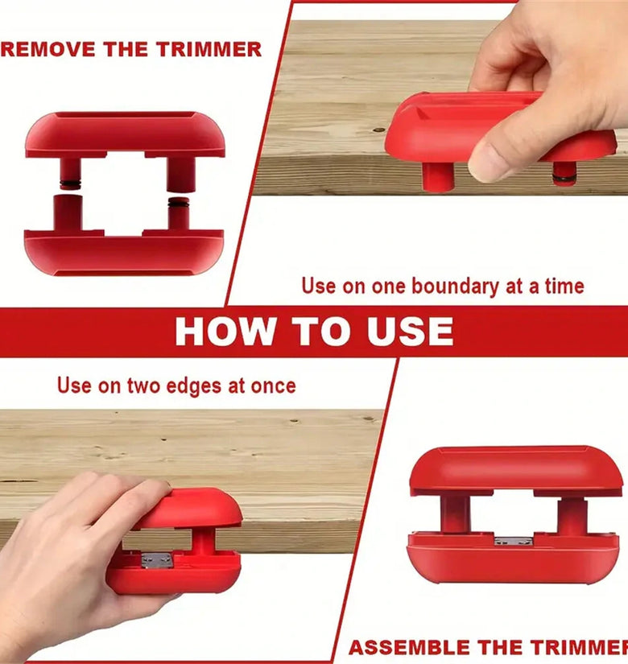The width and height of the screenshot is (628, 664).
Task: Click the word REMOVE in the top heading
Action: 48,49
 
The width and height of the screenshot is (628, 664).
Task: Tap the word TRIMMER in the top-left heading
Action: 209,49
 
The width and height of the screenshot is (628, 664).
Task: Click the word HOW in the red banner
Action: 225,331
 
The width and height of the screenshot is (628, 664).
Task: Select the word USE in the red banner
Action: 410,331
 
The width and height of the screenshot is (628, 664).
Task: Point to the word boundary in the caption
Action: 456,287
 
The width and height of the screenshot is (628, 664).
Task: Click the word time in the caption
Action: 564,287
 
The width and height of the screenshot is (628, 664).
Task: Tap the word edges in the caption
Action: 194,386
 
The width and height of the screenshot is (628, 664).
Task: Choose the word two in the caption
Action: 143,386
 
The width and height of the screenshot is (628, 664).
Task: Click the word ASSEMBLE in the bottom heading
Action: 409,647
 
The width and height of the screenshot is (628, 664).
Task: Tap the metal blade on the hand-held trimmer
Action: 157,560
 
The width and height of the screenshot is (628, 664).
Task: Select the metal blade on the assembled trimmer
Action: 513,541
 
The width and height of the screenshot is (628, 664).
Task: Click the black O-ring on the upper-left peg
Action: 70,184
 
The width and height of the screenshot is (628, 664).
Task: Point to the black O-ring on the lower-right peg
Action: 179,204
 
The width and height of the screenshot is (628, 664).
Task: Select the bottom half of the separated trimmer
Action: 124,245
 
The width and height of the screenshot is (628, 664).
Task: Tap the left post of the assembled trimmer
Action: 455,513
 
